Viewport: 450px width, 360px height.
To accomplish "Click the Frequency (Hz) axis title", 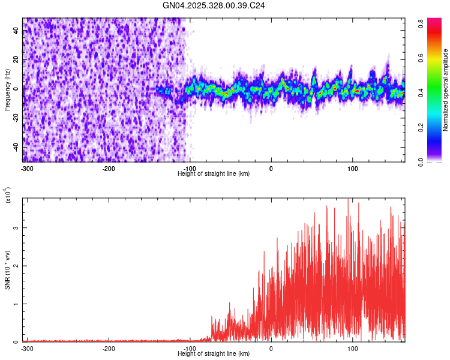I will click(7, 89).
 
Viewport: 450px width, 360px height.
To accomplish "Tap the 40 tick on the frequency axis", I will click(16, 31).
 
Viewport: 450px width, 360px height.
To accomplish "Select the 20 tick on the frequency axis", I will click(16, 60).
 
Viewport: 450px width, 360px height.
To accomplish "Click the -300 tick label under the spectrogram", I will click(27, 168).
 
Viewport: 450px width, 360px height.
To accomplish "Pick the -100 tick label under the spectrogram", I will click(190, 168).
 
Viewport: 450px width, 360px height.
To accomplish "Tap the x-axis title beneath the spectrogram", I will click(214, 173).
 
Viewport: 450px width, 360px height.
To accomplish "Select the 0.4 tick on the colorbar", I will click(422, 92).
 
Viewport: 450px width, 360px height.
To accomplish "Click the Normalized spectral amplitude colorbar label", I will click(446, 90).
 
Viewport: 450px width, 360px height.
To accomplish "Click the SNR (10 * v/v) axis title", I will click(7, 269).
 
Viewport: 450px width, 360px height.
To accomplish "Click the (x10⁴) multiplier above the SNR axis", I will click(7, 196).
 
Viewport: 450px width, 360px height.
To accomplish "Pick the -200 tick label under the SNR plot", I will click(109, 349).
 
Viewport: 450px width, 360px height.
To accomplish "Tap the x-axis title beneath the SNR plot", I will click(214, 354).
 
